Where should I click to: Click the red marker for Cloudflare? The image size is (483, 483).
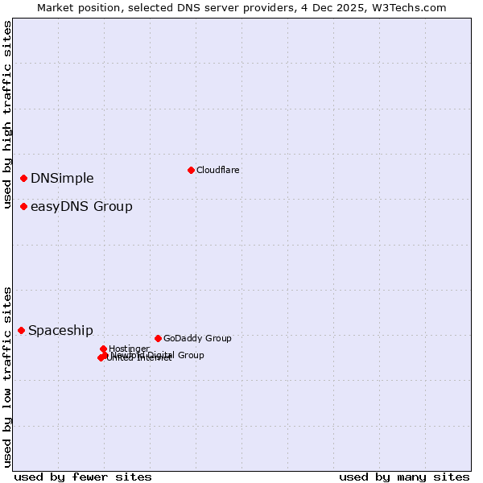click(191, 170)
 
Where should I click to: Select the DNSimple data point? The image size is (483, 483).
click(24, 178)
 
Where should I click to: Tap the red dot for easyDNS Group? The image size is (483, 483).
click(24, 207)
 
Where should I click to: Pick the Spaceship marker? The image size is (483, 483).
click(22, 330)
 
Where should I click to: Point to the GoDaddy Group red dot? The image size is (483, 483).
click(158, 338)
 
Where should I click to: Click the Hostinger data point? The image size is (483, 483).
click(104, 349)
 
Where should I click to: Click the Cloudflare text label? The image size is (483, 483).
click(217, 170)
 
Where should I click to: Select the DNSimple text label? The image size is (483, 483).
click(62, 178)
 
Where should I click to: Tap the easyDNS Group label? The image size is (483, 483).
click(81, 207)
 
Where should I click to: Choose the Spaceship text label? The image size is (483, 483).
click(60, 330)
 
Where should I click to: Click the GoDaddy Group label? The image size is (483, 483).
click(197, 338)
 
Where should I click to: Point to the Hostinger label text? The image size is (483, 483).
click(129, 349)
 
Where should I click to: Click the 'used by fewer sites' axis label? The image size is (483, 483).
click(83, 477)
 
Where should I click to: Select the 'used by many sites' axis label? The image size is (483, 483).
click(404, 477)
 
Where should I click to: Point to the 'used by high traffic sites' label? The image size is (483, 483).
click(7, 115)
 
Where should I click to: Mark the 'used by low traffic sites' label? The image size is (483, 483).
click(7, 376)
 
